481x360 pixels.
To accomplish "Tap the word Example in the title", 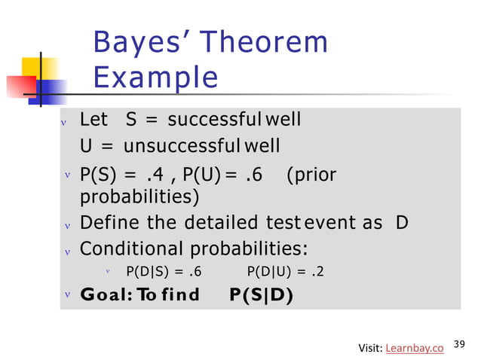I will click(155, 78).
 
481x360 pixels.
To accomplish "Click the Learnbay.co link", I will click(414, 347).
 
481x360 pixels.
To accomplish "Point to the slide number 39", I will click(461, 344).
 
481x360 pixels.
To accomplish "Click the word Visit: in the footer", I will click(369, 347).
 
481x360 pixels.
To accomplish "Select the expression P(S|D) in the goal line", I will click(262, 294).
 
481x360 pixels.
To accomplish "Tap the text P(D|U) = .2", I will click(286, 272).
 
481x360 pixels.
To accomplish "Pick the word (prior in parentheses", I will click(311, 175).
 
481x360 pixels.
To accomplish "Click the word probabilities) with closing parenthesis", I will click(139, 197).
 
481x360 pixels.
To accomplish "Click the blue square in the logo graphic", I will click(51, 92).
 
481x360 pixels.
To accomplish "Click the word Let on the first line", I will click(93, 120).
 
